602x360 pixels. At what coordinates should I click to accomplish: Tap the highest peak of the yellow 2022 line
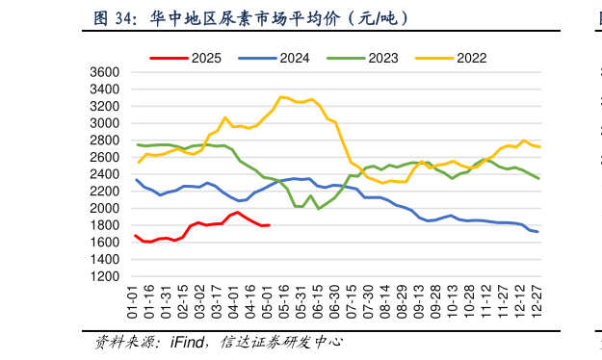click(x=280, y=96)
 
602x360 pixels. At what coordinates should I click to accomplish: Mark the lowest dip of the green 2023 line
click(x=319, y=208)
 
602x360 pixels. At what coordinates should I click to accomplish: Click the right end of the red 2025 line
click(x=269, y=225)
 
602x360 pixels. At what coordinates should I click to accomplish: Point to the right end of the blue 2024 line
click(x=537, y=232)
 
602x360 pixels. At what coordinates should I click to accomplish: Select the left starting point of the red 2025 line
click(x=136, y=235)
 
